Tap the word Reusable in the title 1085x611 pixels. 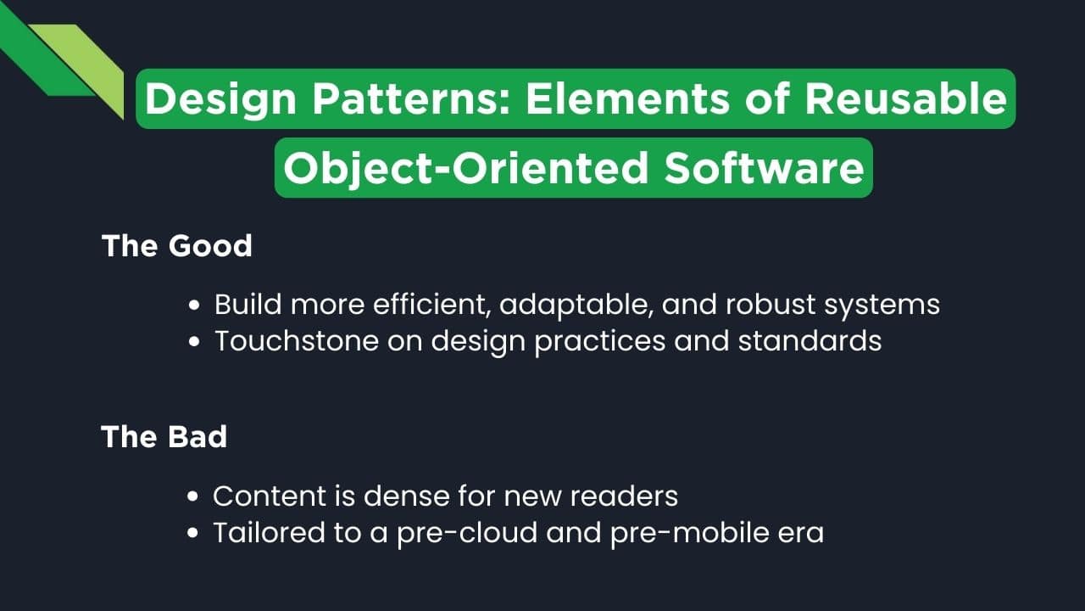click(904, 99)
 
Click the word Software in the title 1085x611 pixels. click(764, 168)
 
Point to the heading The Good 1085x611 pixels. click(177, 246)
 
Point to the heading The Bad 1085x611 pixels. click(164, 436)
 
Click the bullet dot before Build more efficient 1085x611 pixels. click(196, 305)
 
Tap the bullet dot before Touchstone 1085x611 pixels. click(196, 342)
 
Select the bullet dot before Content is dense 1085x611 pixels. click(194, 496)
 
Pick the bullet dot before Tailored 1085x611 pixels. click(194, 534)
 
